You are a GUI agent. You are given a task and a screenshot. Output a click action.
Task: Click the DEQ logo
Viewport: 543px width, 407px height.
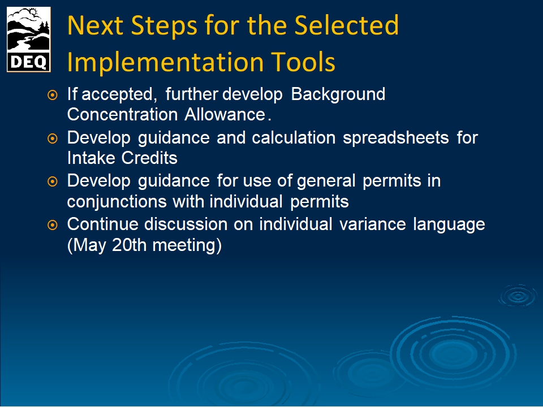coord(29,40)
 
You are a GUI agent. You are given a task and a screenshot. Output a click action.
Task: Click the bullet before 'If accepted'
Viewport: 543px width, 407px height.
coord(52,94)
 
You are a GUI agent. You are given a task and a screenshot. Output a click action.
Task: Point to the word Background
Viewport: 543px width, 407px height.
coord(338,94)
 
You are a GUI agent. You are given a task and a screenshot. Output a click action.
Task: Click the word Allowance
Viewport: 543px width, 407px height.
coord(225,115)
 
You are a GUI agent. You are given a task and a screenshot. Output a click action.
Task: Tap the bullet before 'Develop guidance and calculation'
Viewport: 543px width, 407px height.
coord(52,138)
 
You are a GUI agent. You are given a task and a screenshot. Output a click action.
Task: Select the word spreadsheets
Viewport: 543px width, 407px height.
coord(396,138)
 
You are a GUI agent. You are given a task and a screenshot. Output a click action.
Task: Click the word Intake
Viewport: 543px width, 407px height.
coord(90,158)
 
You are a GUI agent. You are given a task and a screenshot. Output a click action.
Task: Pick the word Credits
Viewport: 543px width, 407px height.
coord(149,158)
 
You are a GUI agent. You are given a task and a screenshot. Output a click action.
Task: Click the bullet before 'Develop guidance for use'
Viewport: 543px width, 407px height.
coord(52,181)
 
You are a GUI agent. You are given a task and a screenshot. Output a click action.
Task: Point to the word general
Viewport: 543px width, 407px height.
coord(326,181)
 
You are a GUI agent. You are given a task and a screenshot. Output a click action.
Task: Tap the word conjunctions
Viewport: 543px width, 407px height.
coord(117,202)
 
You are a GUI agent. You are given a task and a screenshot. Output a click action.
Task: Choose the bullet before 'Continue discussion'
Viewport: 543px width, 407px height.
coord(52,225)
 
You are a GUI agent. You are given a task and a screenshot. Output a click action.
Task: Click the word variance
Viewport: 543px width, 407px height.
coord(372,224)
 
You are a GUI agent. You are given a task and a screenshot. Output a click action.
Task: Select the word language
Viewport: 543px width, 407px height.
coord(449,225)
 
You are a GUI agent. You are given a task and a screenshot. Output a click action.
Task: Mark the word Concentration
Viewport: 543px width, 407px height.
coord(122,115)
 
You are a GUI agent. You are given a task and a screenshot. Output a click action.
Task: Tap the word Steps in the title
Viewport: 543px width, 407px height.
coord(164,26)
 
